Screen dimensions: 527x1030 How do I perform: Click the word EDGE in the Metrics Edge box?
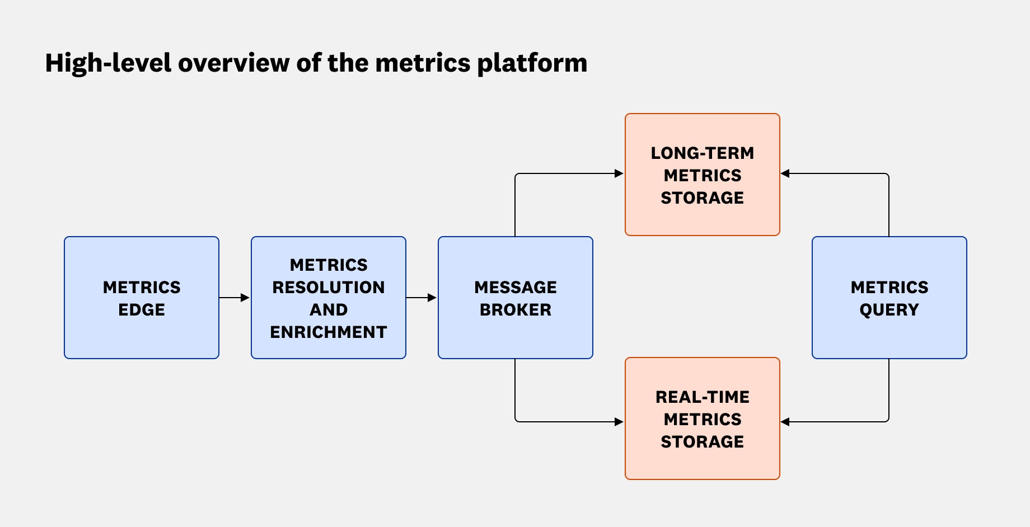(x=142, y=310)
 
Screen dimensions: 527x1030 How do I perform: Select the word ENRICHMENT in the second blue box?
(x=329, y=332)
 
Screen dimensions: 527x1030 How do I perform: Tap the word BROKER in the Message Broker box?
(x=516, y=310)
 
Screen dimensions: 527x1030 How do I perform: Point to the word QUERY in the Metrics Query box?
(x=889, y=310)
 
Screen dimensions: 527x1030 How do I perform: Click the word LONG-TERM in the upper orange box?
(x=703, y=153)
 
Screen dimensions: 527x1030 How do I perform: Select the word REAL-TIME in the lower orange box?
(x=703, y=397)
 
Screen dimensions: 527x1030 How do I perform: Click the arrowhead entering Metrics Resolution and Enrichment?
(x=245, y=298)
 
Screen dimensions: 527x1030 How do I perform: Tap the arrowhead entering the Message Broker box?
(x=432, y=298)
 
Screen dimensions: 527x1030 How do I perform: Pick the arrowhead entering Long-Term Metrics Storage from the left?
(x=619, y=173)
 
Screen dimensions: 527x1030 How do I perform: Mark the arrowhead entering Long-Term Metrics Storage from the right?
(x=785, y=173)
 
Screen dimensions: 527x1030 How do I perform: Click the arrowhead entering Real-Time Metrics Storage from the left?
(x=619, y=422)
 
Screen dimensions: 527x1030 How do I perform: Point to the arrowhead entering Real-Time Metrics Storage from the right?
(x=785, y=422)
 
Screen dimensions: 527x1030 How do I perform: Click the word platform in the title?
(x=532, y=63)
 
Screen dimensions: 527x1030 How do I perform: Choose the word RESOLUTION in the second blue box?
(x=329, y=288)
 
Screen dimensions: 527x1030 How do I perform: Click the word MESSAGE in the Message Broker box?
(x=516, y=288)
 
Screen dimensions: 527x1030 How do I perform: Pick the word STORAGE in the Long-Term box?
(x=703, y=198)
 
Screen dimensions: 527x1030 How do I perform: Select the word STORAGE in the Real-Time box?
(x=703, y=442)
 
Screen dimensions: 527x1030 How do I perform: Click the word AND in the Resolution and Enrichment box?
(x=329, y=310)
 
